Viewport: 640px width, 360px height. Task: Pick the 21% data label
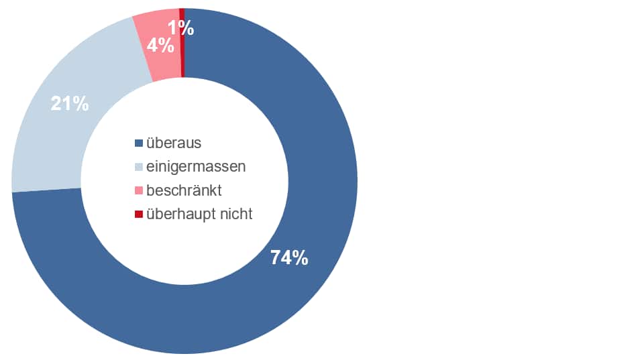click(70, 104)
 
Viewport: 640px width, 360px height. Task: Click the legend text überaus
click(174, 143)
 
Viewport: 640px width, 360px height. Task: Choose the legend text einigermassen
click(195, 166)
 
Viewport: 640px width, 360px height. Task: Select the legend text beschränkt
click(184, 190)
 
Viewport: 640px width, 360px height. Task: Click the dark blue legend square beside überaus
click(139, 143)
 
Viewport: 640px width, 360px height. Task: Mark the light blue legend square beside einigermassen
click(139, 167)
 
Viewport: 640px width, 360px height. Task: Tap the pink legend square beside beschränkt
click(139, 191)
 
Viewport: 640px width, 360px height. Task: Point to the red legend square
click(139, 215)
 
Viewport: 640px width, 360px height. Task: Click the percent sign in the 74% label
click(299, 257)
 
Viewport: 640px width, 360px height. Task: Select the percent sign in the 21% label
click(80, 104)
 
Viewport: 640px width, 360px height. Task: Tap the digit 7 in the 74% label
click(276, 257)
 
